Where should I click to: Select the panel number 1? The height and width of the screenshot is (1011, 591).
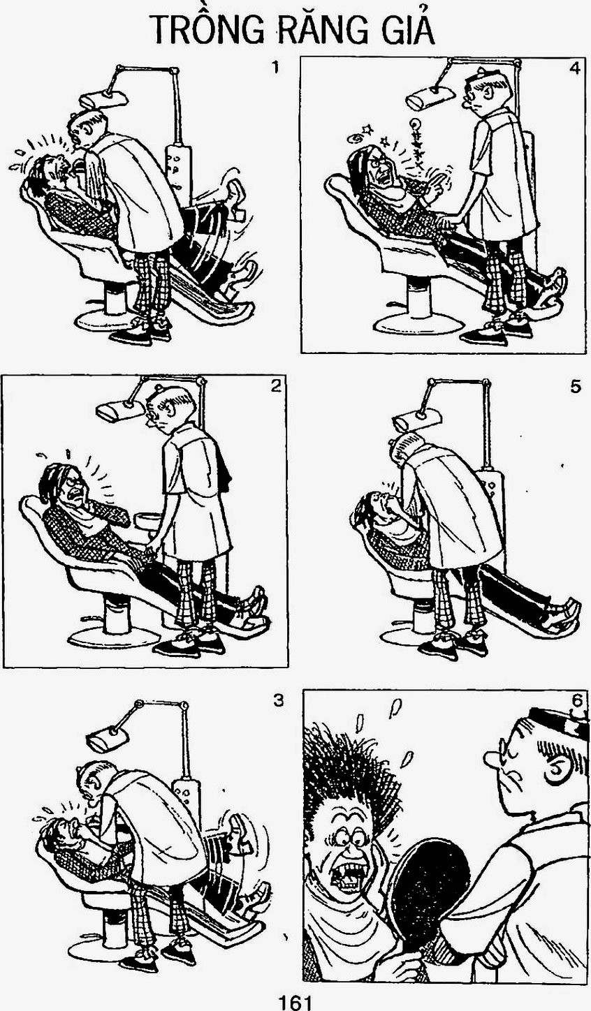275,68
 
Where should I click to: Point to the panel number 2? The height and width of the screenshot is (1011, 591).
276,387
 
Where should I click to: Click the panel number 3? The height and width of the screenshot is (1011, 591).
279,700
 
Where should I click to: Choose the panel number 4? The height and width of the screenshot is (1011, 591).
574,69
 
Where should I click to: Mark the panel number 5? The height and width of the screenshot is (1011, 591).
575,387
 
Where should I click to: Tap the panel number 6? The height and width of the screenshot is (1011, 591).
578,701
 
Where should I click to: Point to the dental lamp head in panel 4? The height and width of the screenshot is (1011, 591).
431,99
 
